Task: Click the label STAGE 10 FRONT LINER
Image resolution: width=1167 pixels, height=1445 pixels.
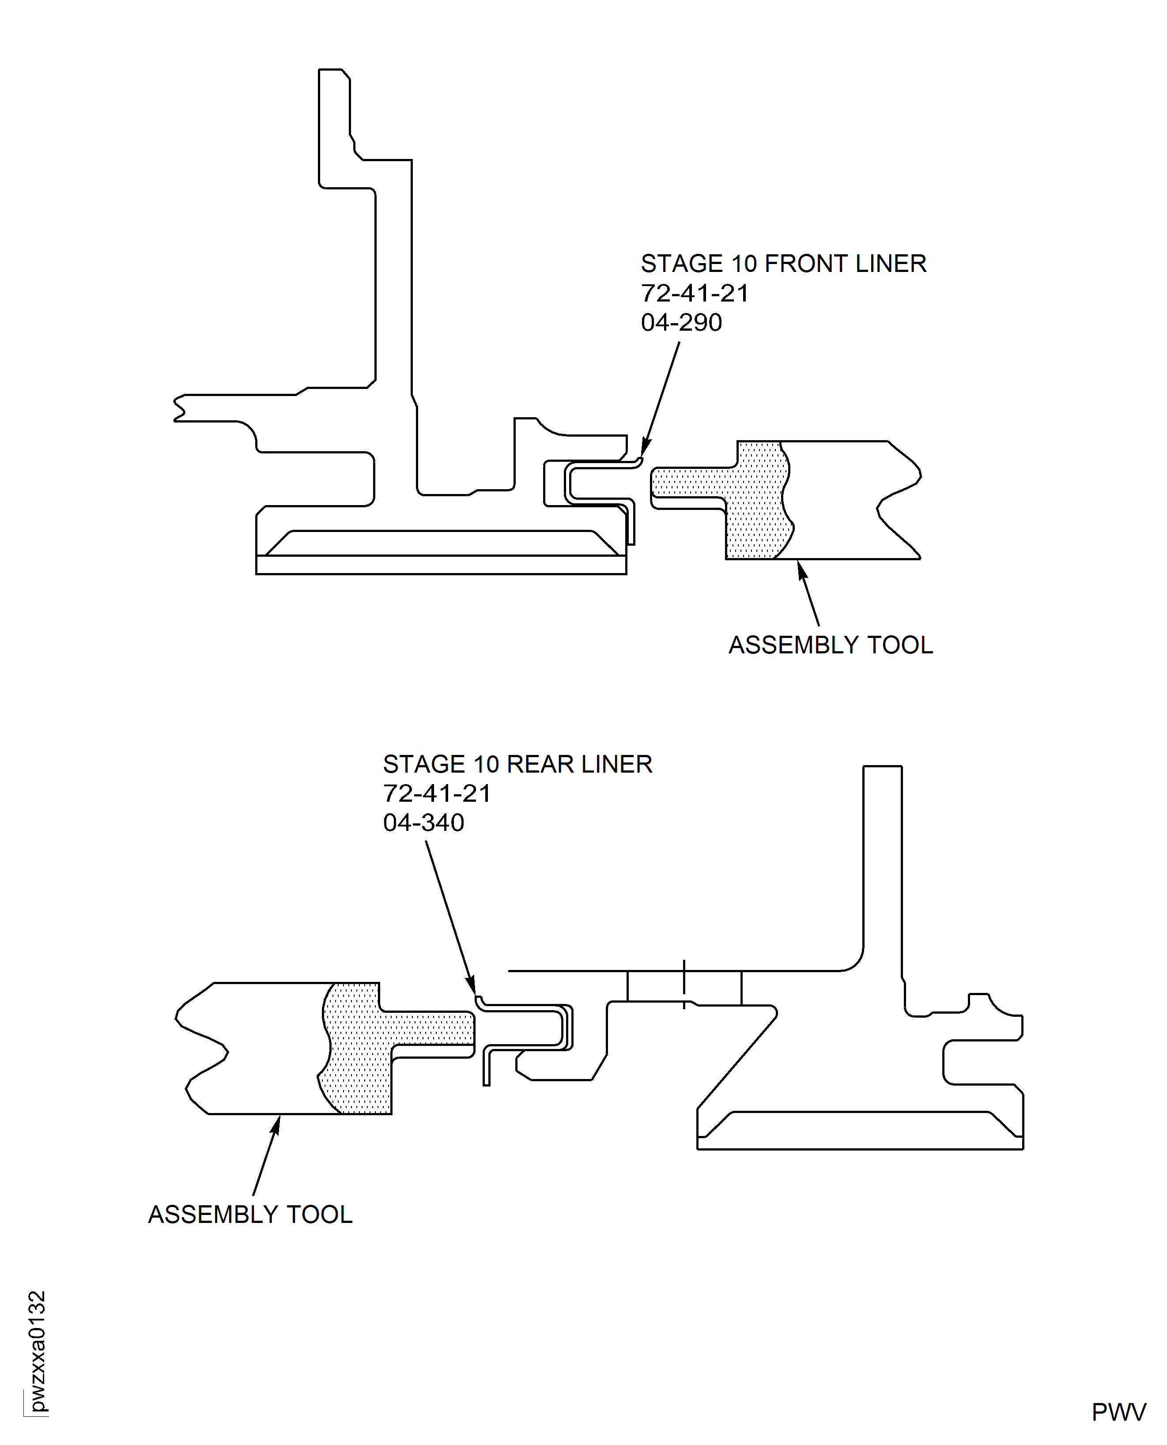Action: tap(783, 264)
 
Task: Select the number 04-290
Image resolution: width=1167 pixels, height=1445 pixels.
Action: tap(681, 323)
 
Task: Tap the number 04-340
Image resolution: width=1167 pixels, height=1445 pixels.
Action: tap(423, 822)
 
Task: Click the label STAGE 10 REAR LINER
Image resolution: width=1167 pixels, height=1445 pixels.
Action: tap(517, 764)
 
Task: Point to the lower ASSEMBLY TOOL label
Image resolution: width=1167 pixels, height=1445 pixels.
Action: tap(250, 1215)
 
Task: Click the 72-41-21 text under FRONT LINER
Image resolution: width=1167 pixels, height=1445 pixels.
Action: tap(695, 293)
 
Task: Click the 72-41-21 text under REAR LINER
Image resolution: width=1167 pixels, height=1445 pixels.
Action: tap(437, 794)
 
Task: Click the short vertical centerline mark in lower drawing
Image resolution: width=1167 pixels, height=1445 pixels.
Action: tap(684, 985)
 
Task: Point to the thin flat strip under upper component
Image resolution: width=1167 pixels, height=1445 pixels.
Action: tap(441, 565)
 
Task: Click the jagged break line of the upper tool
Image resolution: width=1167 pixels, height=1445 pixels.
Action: tap(901, 501)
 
